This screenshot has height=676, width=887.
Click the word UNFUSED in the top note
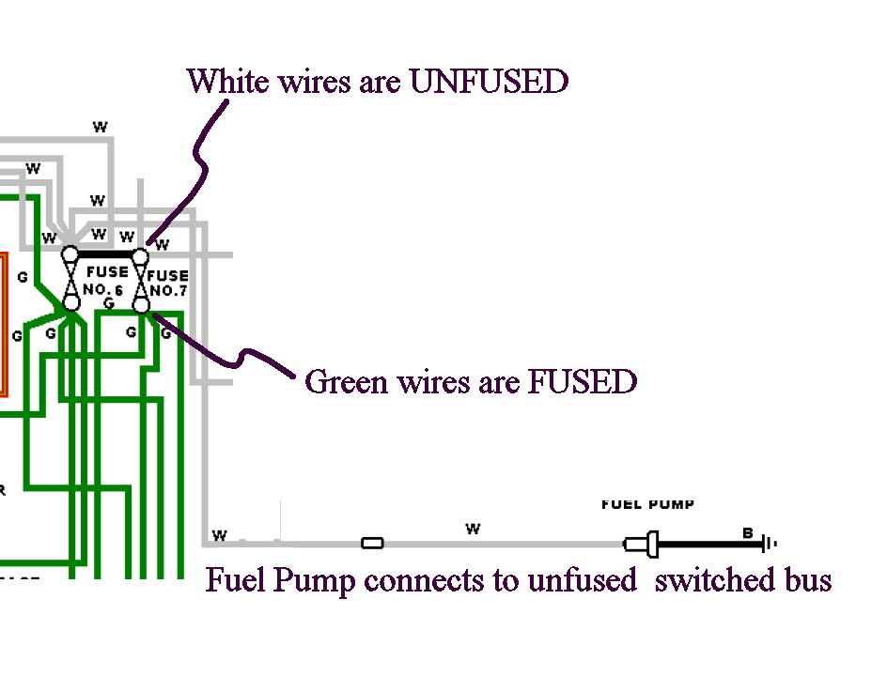[489, 82]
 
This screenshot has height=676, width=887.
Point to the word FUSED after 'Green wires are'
[583, 382]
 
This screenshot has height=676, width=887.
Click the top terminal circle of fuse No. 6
[70, 254]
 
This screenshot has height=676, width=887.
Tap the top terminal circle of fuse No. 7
[141, 255]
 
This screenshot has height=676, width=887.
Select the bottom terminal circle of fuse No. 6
[71, 303]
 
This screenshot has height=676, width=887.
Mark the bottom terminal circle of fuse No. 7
[141, 304]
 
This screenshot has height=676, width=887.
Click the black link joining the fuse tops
[105, 254]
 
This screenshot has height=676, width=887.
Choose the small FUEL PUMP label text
[647, 504]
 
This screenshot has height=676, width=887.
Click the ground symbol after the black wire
[770, 543]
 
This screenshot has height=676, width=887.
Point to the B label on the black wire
[748, 532]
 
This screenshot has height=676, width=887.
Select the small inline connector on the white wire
[372, 543]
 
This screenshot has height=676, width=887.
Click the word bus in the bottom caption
[807, 580]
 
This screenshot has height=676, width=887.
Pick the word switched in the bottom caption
[708, 580]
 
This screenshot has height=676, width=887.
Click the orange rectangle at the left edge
[3, 324]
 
